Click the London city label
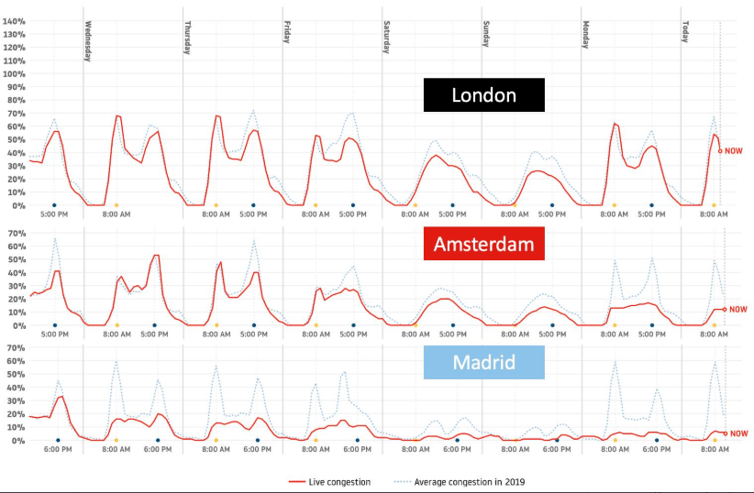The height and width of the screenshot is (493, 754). tap(483, 95)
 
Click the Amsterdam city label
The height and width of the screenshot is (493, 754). tap(483, 245)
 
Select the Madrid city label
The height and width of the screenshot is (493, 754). tap(483, 363)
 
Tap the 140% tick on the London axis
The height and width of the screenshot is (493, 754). tap(15, 20)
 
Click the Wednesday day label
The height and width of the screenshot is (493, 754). tap(88, 41)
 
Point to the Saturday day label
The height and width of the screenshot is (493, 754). tap(387, 38)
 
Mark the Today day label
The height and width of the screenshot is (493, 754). tap(685, 32)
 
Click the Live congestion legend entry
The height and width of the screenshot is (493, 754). tap(327, 481)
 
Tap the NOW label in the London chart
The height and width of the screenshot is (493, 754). tap(735, 151)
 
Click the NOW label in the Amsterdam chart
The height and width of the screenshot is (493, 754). tap(738, 310)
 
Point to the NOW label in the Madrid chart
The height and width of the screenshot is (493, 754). tap(738, 433)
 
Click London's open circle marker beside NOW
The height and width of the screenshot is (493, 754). tap(721, 151)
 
